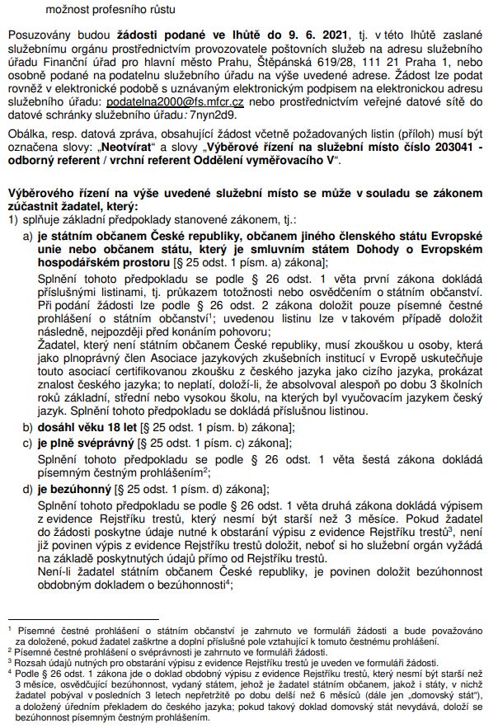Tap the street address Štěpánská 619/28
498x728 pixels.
tap(319, 61)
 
